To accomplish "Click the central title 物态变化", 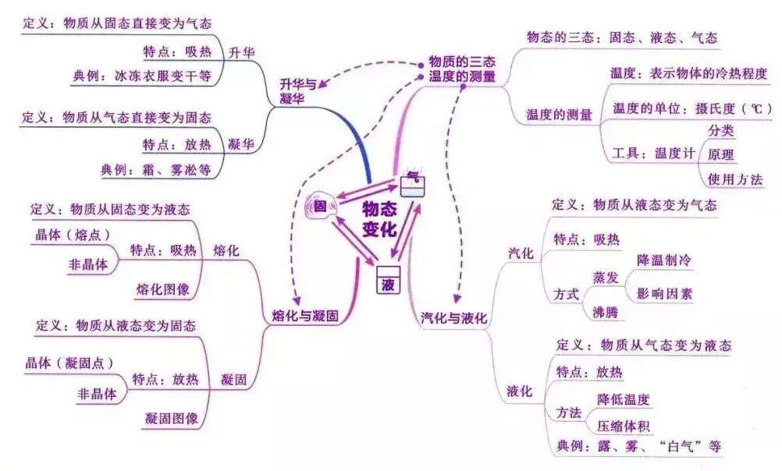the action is click(x=379, y=220).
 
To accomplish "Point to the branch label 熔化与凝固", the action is click(x=304, y=317).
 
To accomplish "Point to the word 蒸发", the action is click(x=606, y=278).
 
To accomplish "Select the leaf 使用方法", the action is click(x=735, y=179).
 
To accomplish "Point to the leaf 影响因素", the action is click(x=664, y=294).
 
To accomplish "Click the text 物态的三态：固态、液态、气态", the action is click(x=622, y=37).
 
